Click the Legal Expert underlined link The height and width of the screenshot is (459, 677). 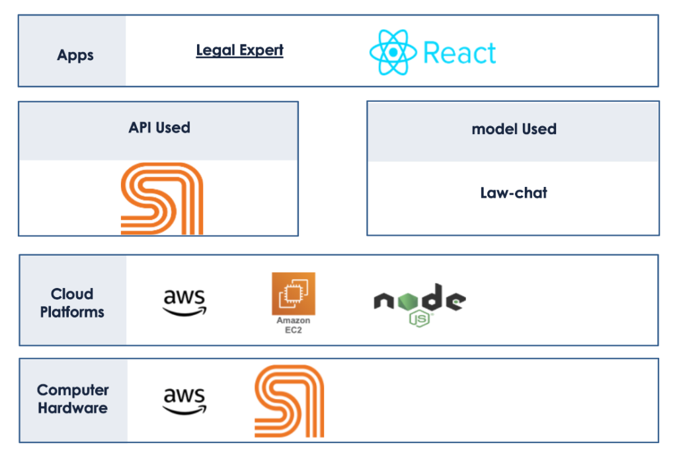tap(239, 50)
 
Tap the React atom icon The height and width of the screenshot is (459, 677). tap(393, 52)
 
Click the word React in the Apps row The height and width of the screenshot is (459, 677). tap(459, 52)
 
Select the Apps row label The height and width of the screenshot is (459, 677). tap(75, 55)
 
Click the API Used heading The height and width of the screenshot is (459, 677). tap(159, 127)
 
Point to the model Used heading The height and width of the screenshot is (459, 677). tap(514, 129)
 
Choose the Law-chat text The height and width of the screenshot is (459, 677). tap(514, 193)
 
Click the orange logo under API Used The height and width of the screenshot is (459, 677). tap(161, 198)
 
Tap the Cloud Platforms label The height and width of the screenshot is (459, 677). tap(72, 302)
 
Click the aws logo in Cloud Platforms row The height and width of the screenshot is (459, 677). tap(184, 301)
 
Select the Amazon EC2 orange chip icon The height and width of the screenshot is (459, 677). tap(294, 294)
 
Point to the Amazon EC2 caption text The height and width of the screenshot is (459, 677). tap(293, 325)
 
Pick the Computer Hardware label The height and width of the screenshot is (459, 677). tap(73, 399)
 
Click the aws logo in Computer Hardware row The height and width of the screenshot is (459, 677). tap(184, 400)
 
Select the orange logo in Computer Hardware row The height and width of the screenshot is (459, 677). tap(289, 401)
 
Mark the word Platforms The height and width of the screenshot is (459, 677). tap(72, 312)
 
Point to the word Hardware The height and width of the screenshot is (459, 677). tap(73, 408)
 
